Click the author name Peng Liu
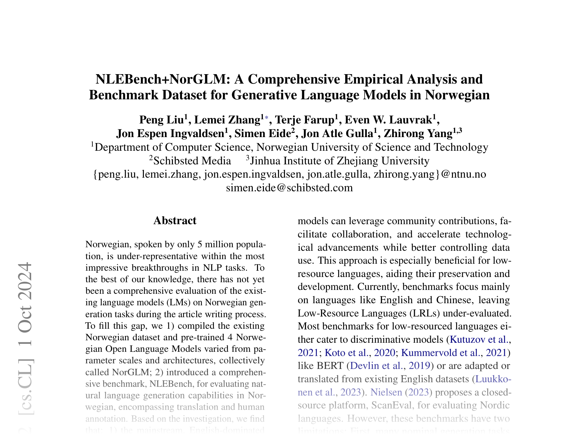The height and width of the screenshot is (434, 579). coord(162,120)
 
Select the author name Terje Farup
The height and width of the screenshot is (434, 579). coord(305,120)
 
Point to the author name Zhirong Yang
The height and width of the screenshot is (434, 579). coord(418,134)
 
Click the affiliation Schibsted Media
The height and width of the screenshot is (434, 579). coord(192,161)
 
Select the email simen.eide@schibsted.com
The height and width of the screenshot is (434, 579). coord(289,188)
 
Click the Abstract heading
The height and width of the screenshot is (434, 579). coord(175,221)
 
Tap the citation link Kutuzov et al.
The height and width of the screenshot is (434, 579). coord(479,339)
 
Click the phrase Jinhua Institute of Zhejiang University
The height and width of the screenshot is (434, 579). coord(340,161)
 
